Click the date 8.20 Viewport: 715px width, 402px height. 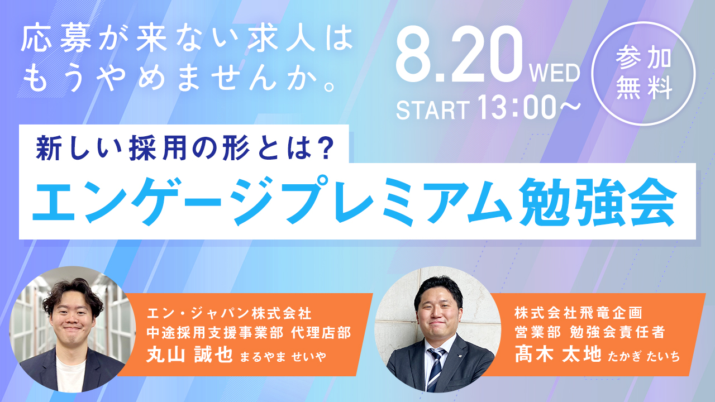tap(460, 54)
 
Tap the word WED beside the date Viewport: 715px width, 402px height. tap(555, 73)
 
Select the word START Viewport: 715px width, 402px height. tap(433, 110)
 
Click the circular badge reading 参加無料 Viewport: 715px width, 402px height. tap(643, 74)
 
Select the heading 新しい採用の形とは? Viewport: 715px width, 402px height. tap(185, 149)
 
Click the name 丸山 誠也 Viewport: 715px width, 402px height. tap(189, 355)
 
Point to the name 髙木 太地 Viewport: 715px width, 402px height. tap(557, 354)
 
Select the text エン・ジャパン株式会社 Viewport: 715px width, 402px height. tap(229, 313)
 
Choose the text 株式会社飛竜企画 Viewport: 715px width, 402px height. tap(578, 313)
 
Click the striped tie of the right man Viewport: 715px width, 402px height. tap(435, 370)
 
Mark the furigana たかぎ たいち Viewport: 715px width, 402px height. tap(643, 356)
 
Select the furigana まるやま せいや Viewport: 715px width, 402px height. tap(283, 357)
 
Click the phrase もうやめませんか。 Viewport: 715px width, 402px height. tap(179, 80)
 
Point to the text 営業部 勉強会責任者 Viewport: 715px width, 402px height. tap(590, 332)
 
